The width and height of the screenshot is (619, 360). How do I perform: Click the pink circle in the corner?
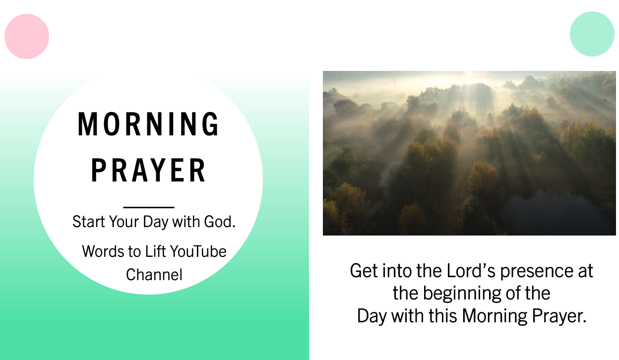point(27,37)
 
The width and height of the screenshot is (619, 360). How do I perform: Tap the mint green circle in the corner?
point(592,34)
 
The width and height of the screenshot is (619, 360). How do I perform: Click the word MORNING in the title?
point(148,124)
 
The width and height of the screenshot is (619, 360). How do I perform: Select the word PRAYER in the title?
point(148,170)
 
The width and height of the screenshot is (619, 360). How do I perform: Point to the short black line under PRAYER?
point(149,207)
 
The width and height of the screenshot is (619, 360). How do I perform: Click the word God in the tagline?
point(220,222)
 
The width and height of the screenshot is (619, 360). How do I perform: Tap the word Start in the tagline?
point(89,222)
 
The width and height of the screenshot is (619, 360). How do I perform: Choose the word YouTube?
point(198,251)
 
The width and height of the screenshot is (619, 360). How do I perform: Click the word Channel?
point(154,275)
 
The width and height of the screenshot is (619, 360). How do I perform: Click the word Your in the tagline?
point(124,222)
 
